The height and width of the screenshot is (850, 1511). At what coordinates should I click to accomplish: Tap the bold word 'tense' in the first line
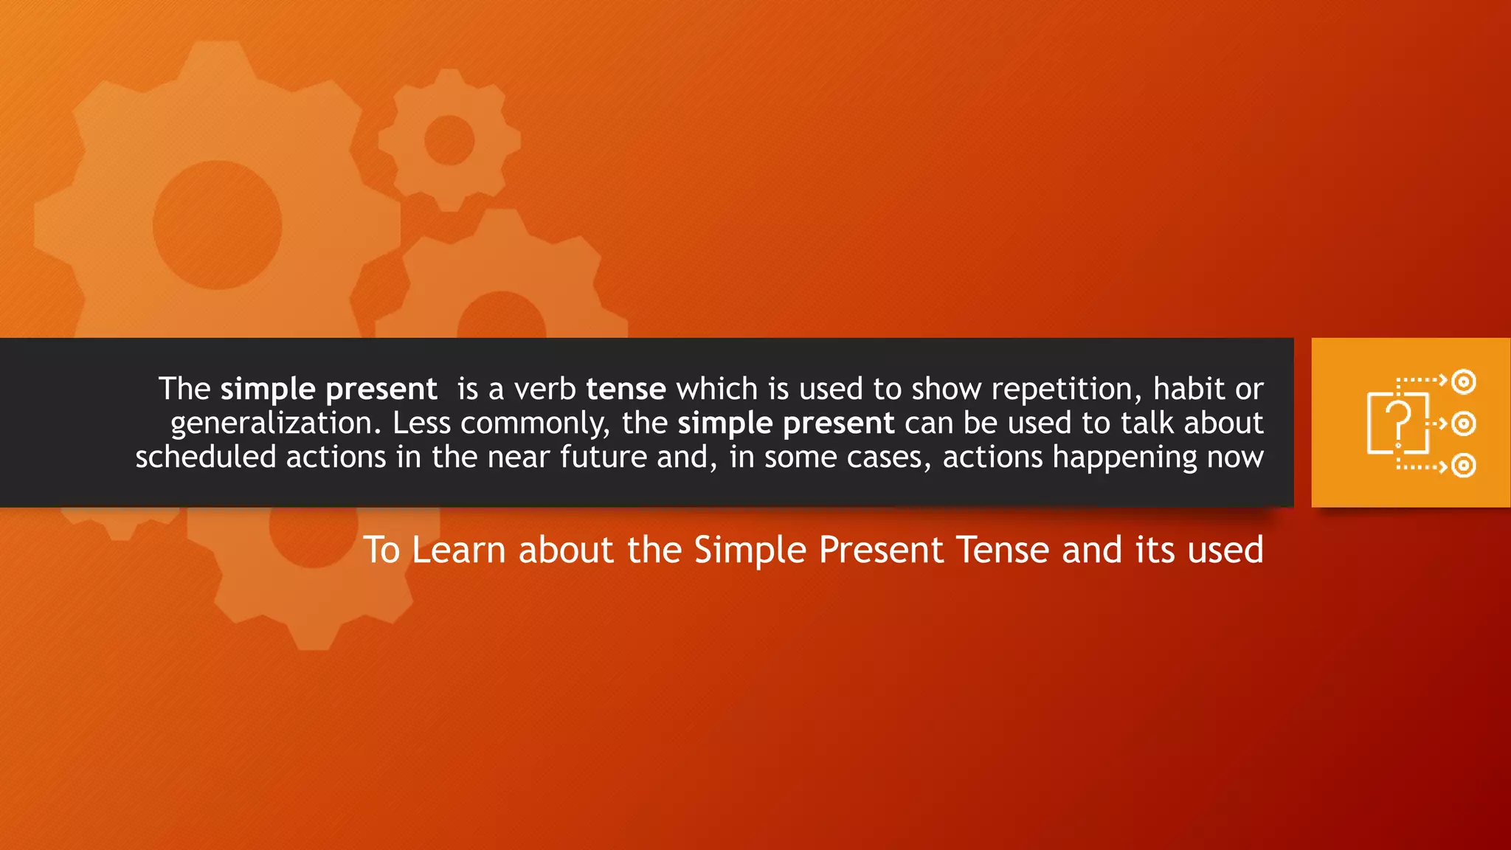pos(626,390)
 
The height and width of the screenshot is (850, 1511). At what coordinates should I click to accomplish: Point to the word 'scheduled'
pos(206,457)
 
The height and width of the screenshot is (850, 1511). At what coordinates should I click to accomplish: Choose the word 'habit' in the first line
pos(1183,390)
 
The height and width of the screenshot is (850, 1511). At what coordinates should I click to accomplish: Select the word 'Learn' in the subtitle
pos(458,550)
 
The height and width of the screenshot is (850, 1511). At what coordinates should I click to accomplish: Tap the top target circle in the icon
pos(1464,381)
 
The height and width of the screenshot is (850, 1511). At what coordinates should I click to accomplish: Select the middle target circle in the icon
pos(1464,424)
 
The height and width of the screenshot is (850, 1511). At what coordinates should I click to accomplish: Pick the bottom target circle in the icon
pos(1464,466)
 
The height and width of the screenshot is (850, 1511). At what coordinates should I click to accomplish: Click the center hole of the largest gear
pos(217,225)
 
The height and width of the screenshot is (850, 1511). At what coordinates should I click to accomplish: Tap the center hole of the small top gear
pos(449,140)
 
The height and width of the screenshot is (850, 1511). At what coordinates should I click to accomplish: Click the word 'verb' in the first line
pos(544,390)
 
